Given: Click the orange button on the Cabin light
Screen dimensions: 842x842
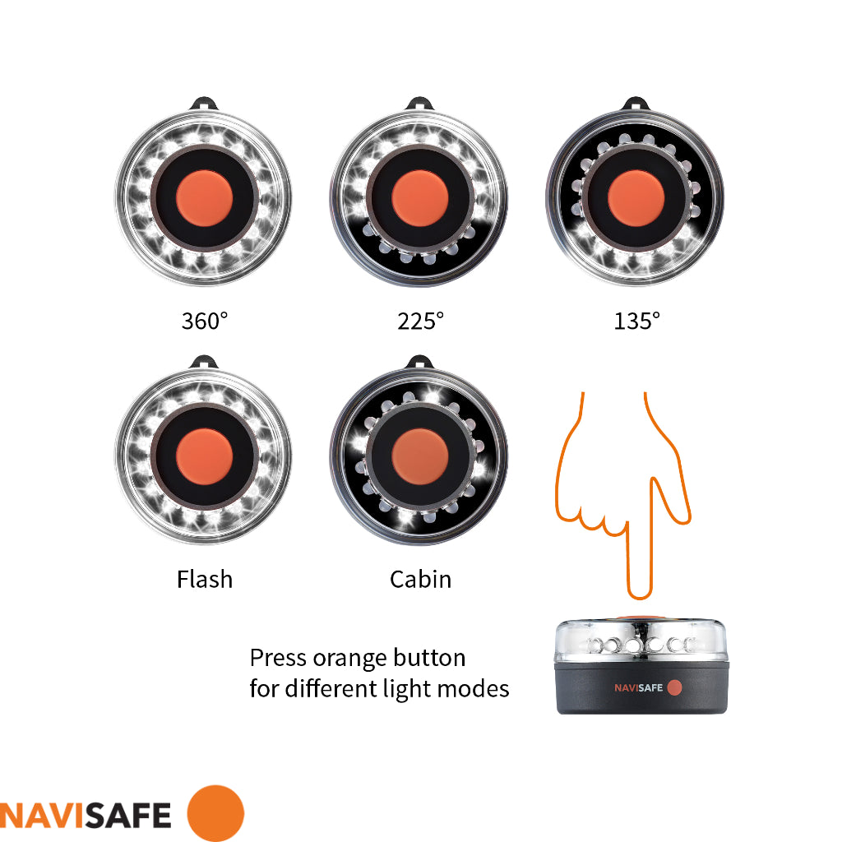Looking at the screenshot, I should point(420,456).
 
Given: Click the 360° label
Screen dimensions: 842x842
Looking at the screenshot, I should point(204,320).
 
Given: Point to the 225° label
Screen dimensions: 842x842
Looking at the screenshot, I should point(420,320).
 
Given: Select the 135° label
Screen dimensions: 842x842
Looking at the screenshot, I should point(636,320).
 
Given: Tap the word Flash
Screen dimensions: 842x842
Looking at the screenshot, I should point(205,579).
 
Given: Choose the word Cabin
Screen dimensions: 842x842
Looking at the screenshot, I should point(420,579).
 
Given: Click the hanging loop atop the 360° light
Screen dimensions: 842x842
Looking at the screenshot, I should point(204,104).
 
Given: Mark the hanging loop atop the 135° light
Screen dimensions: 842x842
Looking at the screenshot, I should point(636,104).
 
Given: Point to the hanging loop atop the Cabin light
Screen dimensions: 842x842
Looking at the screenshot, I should point(420,361).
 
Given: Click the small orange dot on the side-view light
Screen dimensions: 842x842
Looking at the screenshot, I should point(674,687).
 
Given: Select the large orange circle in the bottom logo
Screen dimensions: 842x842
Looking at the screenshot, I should point(215,813).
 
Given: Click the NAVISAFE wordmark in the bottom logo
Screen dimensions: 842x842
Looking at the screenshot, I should point(86,814).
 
